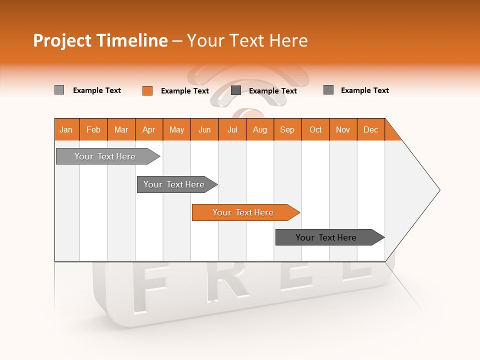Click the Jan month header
pos(66,129)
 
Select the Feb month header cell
pos(93,129)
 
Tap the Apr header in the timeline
pos(149,129)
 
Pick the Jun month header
pos(204,129)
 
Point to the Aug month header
pos(260,129)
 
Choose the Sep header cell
pos(287,129)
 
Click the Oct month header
pos(315,129)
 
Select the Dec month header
pos(371,129)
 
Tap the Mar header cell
pos(121,129)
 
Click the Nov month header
pos(343,129)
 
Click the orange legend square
pos(147,90)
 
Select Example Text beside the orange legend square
pos(185,91)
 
